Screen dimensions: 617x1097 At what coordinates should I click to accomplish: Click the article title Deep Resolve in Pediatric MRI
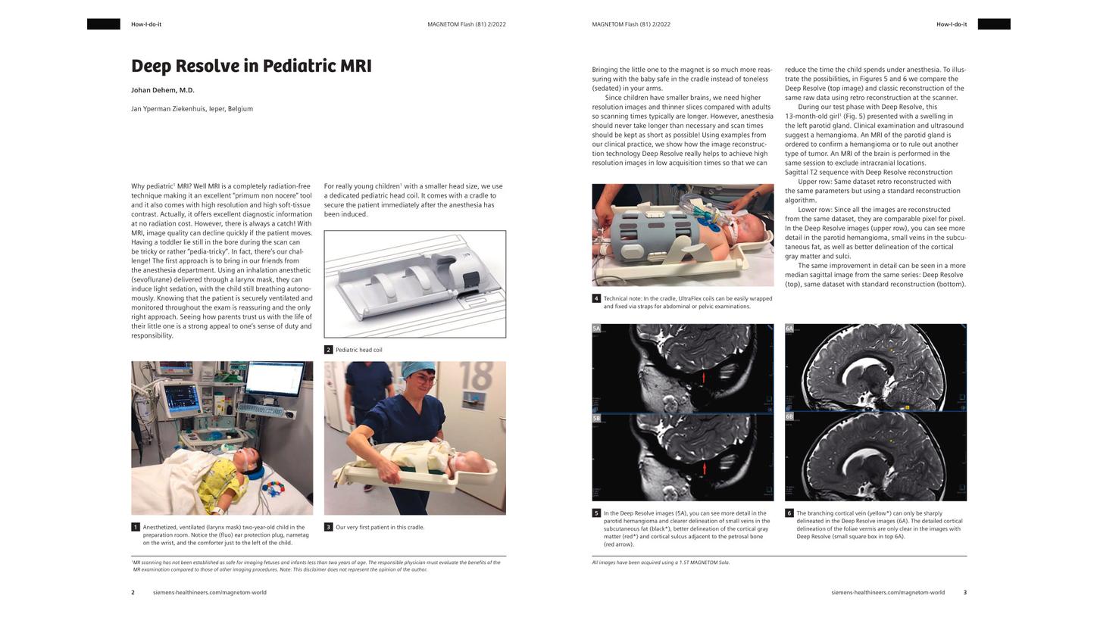(x=251, y=66)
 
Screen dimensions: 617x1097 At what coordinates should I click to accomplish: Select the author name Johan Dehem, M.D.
(x=163, y=90)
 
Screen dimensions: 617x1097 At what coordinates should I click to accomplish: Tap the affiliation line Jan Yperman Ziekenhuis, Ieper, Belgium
(x=192, y=109)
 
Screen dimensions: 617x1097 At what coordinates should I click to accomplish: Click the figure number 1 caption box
(x=136, y=527)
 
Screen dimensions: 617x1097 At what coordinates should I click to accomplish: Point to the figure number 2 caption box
(x=328, y=350)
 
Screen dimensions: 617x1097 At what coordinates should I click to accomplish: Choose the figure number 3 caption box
(x=328, y=527)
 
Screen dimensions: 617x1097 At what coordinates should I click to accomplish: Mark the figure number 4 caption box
(x=596, y=298)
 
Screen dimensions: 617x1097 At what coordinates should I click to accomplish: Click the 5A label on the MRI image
(x=596, y=329)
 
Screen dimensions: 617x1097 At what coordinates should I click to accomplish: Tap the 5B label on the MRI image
(x=596, y=418)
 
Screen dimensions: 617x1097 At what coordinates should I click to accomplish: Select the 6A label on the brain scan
(x=789, y=329)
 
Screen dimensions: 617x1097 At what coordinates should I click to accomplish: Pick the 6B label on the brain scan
(x=789, y=416)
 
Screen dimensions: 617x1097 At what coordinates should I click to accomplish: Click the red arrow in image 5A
(x=704, y=376)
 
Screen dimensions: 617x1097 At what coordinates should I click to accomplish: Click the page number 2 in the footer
(x=133, y=593)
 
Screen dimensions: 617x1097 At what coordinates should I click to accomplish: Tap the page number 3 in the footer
(x=964, y=593)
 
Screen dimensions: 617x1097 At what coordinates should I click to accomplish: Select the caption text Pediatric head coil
(x=359, y=350)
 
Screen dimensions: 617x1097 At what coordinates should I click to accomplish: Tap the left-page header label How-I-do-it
(x=146, y=24)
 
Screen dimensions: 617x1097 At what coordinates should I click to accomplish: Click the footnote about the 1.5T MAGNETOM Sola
(x=661, y=562)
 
